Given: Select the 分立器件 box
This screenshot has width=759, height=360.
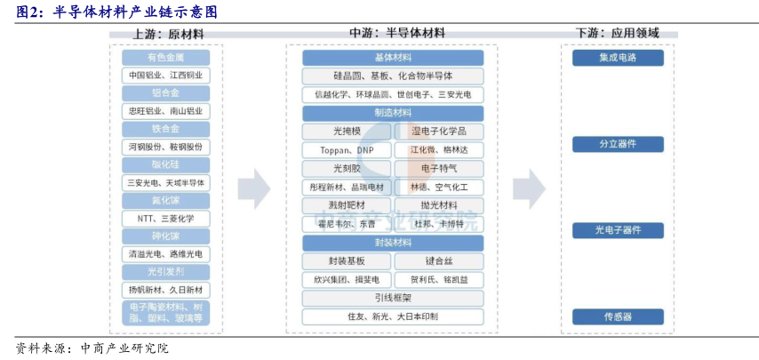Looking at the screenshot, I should pos(619,144).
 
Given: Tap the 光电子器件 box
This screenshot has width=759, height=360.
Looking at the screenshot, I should pos(619,230).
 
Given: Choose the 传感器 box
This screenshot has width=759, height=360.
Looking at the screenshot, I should pos(619,316).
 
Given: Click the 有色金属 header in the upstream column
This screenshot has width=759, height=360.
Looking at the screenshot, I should pos(165,58).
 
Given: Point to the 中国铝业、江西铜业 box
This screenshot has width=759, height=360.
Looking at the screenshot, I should pos(165,76).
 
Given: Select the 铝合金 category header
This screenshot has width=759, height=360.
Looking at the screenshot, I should pos(165,93).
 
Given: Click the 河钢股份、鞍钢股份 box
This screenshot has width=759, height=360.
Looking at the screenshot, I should pos(165,147).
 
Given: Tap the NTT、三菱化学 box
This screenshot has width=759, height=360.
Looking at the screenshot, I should pos(165,218).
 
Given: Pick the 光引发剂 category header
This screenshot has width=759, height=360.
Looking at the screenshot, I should pos(165,272).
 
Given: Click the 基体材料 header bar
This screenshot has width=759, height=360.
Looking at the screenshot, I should pos(393,58).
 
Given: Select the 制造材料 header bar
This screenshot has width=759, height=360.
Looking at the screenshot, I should pos(393,113).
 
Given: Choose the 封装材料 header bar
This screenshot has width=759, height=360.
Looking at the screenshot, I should pos(393,243).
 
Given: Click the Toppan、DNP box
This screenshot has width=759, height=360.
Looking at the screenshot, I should pos(347,149).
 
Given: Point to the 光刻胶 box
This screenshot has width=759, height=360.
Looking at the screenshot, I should pos(347,168).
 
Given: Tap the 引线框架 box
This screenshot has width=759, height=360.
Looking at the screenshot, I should pos(393,298).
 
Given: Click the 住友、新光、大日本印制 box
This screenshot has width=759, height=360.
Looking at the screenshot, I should pos(393,316).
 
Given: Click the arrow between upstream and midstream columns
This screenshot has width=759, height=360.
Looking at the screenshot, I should pos(253,187).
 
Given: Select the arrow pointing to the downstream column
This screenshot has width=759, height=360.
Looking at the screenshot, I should pos(530,187).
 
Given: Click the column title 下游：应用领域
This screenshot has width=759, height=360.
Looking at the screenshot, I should pos(619,33).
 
